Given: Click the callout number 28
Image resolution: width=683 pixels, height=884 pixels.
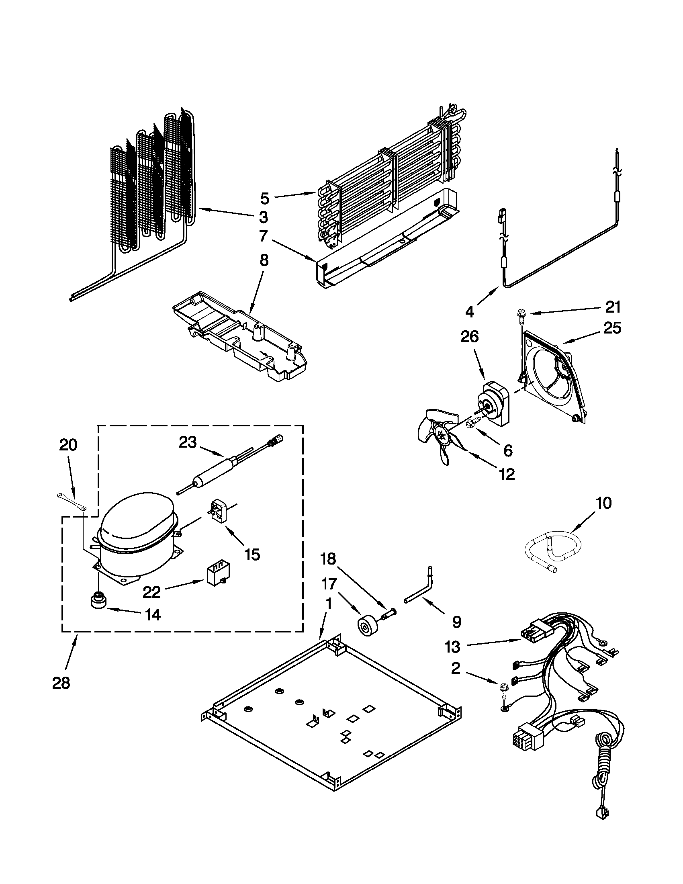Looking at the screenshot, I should click(61, 683).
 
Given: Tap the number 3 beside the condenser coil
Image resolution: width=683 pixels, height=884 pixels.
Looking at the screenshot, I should click(264, 217).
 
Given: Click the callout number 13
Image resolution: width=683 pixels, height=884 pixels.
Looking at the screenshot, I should click(453, 647).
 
